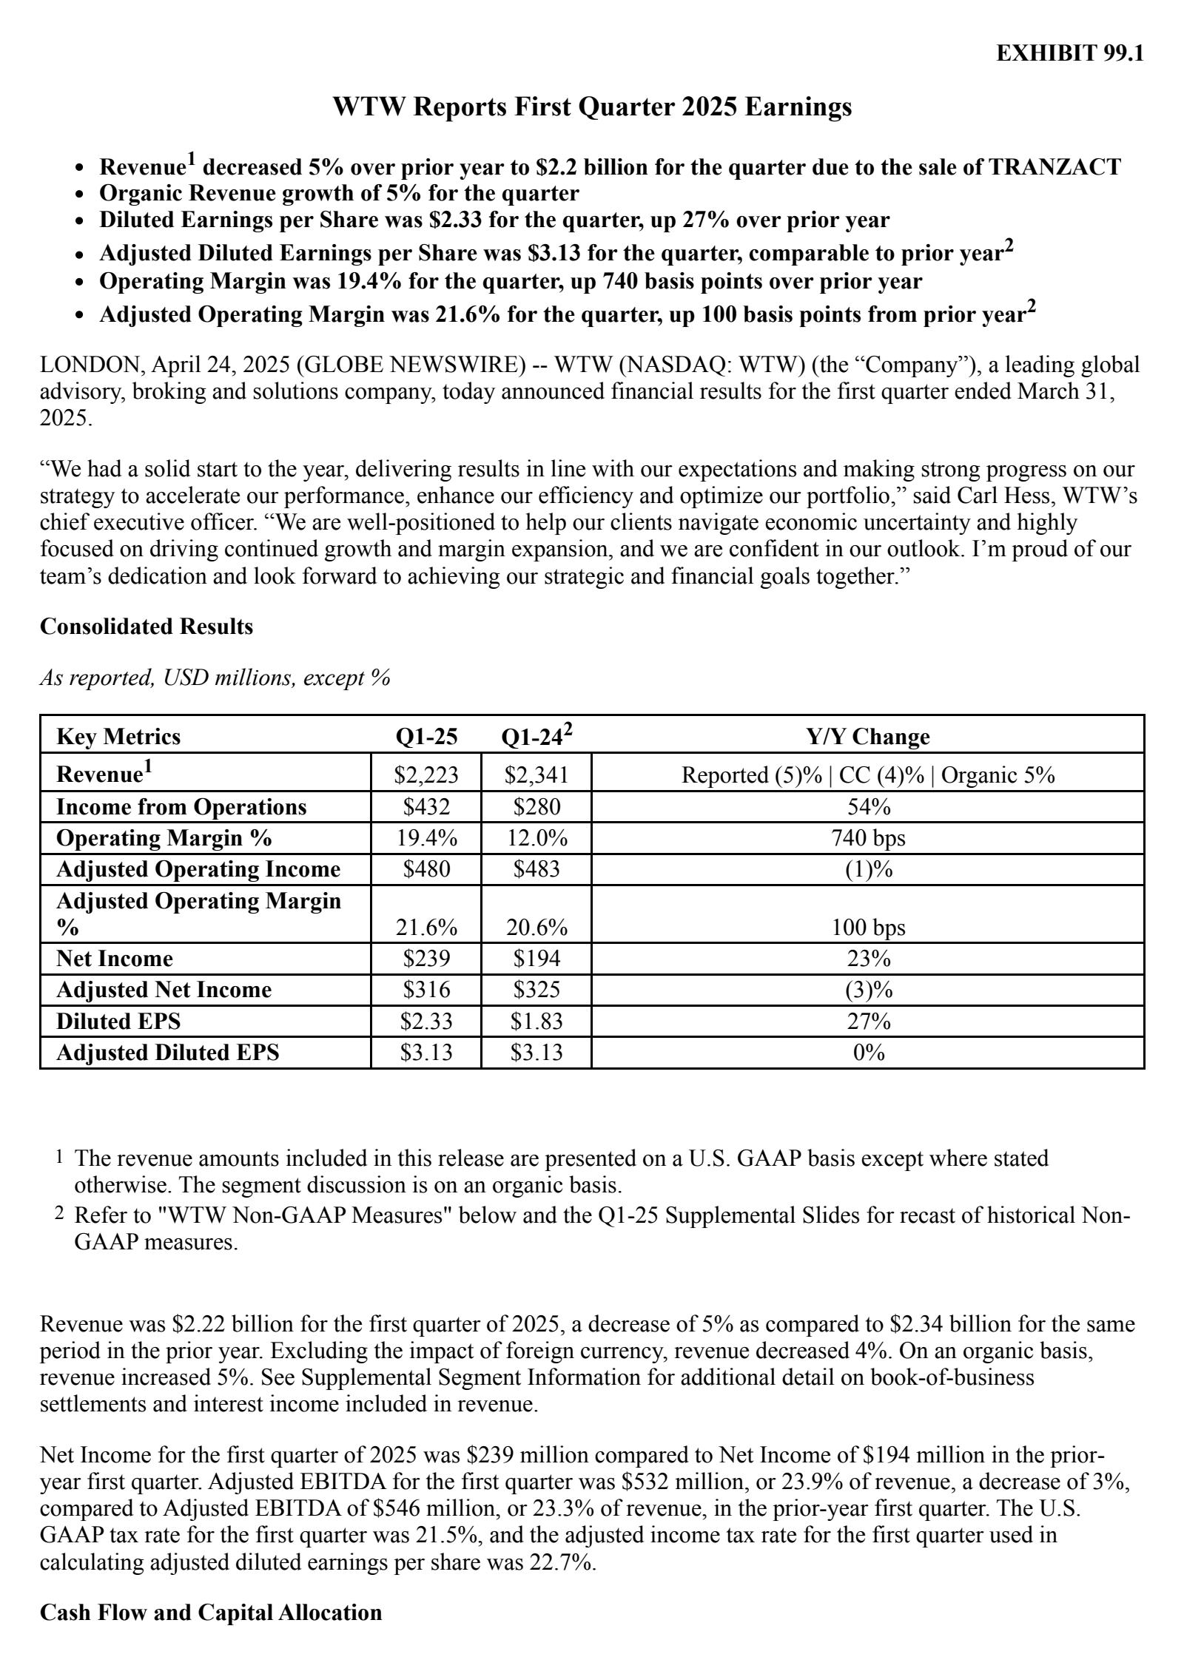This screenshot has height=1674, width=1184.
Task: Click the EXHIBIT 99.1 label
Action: pyautogui.click(x=1069, y=53)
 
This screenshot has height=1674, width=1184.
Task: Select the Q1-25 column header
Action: pyautogui.click(x=426, y=737)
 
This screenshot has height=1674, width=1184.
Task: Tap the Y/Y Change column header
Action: pyautogui.click(x=867, y=737)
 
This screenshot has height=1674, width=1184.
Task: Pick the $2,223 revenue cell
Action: pyautogui.click(x=426, y=774)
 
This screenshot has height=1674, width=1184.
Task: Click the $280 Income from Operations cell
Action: pyautogui.click(x=536, y=806)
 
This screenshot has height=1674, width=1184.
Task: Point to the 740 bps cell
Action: pyautogui.click(x=868, y=838)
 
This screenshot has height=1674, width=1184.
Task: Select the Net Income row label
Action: pyautogui.click(x=115, y=959)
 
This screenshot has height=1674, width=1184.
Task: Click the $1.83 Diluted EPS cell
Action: pyautogui.click(x=536, y=1022)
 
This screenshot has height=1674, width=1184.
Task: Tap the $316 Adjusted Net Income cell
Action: pyautogui.click(x=426, y=990)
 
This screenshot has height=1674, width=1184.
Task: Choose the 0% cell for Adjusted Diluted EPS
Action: pyautogui.click(x=868, y=1053)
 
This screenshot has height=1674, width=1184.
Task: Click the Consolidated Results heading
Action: pyautogui.click(x=147, y=627)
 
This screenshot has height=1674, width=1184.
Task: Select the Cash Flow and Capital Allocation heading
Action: pyautogui.click(x=211, y=1633)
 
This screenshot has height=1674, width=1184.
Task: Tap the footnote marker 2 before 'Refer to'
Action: pyautogui.click(x=59, y=1215)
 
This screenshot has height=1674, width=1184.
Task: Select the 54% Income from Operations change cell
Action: pyautogui.click(x=868, y=806)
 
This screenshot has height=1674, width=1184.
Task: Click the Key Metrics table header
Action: pyautogui.click(x=118, y=737)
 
